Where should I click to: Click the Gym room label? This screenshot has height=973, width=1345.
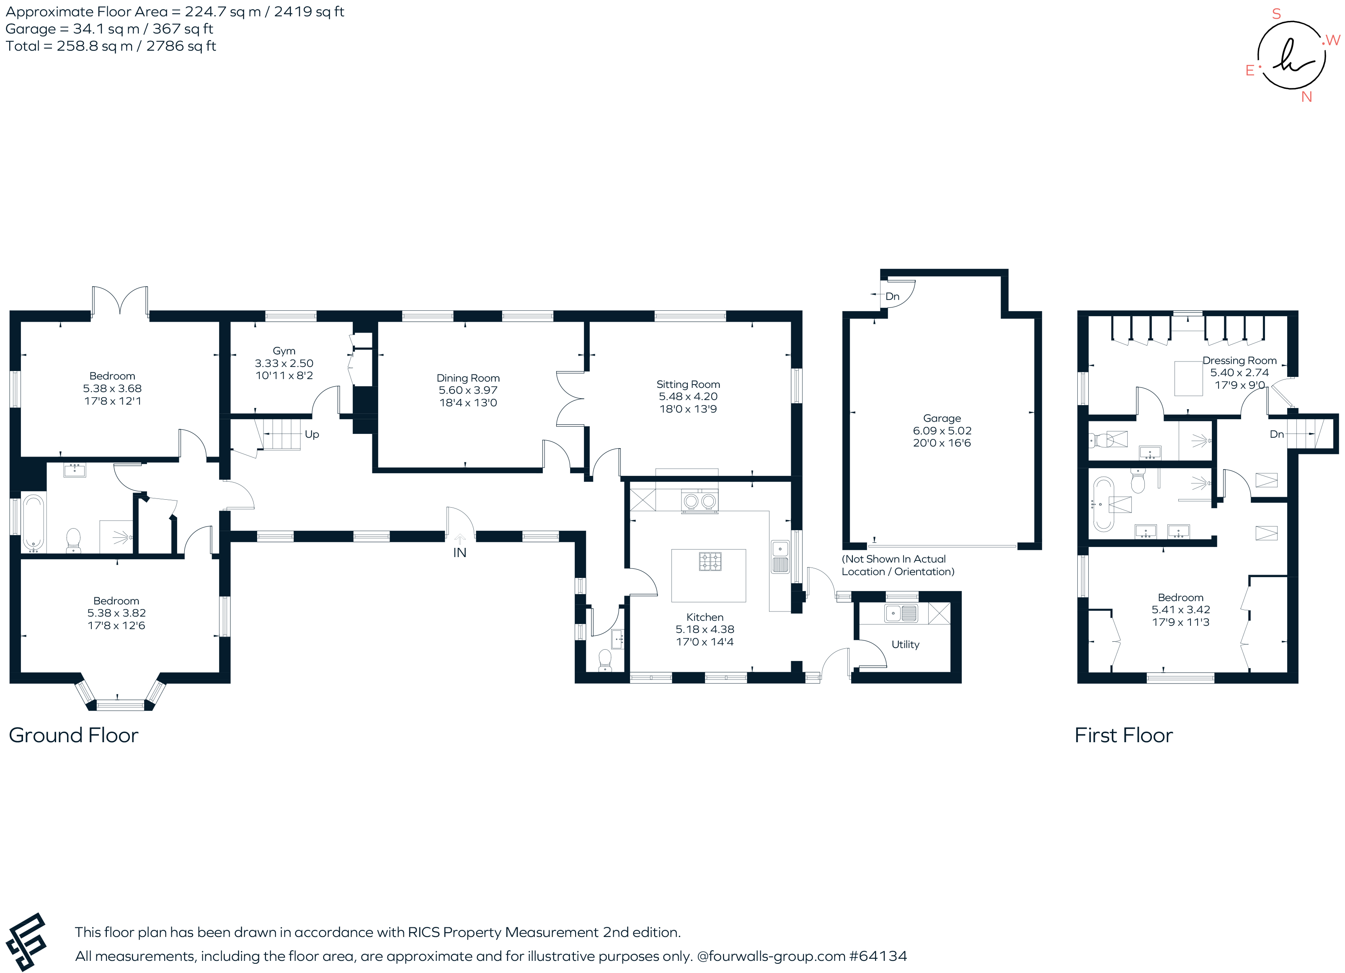tap(284, 351)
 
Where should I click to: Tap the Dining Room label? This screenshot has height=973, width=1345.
tap(468, 378)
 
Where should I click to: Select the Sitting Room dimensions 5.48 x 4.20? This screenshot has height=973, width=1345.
tap(688, 397)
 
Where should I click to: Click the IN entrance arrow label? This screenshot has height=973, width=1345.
tap(460, 552)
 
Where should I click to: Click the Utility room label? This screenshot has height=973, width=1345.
tap(905, 645)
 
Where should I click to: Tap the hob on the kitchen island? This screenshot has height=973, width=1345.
tap(710, 561)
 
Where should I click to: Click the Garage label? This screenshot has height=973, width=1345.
tap(942, 418)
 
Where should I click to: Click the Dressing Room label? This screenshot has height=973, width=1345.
tap(1239, 361)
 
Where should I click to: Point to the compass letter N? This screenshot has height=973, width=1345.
tap(1306, 97)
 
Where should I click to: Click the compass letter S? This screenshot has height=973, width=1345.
tap(1276, 14)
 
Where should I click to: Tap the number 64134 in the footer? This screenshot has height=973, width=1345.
tap(881, 956)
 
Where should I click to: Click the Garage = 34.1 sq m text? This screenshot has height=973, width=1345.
tap(109, 29)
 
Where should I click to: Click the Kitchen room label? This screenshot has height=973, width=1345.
tap(705, 617)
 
